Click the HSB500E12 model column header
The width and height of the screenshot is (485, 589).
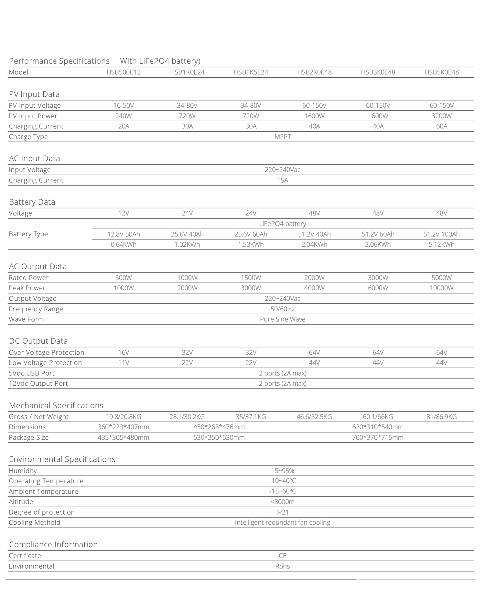(124, 72)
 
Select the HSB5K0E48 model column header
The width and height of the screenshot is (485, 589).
(441, 72)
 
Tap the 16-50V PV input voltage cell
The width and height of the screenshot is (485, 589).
(124, 105)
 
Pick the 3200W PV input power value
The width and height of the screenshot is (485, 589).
(441, 116)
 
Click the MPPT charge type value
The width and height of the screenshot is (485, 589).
(283, 136)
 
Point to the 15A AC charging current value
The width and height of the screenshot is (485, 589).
(283, 180)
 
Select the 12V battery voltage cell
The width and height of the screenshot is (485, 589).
(124, 213)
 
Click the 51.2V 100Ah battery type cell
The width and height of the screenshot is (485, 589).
(441, 234)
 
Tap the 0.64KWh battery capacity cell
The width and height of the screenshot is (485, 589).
(124, 244)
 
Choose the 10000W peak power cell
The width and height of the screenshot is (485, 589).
(441, 288)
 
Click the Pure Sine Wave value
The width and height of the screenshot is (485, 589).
(283, 319)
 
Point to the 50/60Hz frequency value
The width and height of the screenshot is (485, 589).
(283, 309)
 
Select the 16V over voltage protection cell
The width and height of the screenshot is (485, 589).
(124, 352)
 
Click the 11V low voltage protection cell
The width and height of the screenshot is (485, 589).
(124, 363)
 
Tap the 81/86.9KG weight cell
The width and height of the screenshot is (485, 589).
(441, 417)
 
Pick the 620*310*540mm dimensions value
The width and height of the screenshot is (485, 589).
(378, 427)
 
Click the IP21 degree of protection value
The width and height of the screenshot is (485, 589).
(283, 512)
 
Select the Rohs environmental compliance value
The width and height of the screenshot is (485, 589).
(283, 566)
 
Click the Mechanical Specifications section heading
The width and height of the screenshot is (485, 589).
(56, 405)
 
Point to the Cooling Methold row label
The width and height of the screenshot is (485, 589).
(35, 522)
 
